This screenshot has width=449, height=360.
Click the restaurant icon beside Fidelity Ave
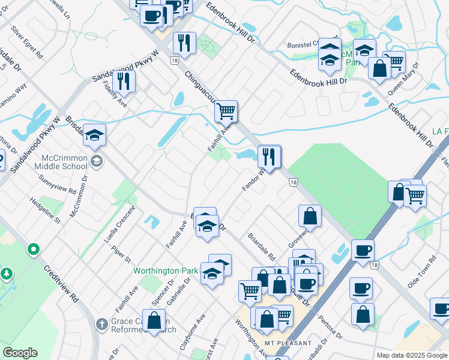pos(124,82)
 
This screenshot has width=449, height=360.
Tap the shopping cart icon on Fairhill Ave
pos(226,111)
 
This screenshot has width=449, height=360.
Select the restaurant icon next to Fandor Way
pos(269,157)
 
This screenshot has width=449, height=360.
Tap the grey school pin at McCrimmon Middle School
pos(97,161)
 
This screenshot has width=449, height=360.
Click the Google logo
pos(20,353)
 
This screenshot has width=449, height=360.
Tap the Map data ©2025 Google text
pos(412,355)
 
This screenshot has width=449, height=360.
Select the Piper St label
pos(122,254)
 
